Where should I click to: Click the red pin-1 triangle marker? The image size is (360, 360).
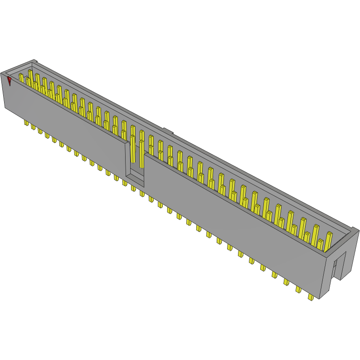click(x=10, y=81)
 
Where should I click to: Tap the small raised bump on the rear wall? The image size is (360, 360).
click(x=168, y=131)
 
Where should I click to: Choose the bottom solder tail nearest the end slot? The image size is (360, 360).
click(x=311, y=297)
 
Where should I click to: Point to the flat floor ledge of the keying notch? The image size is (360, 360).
click(x=135, y=182)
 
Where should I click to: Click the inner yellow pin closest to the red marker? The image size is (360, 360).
click(x=21, y=78)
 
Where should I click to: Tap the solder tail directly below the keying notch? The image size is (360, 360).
click(x=133, y=187)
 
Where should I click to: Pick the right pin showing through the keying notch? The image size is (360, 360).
click(x=141, y=150)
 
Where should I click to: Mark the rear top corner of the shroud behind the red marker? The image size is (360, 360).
click(x=34, y=60)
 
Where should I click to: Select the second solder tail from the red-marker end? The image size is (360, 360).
click(x=33, y=127)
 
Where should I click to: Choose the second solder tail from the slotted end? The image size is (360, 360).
click(x=298, y=289)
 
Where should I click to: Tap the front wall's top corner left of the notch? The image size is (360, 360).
click(x=126, y=141)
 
